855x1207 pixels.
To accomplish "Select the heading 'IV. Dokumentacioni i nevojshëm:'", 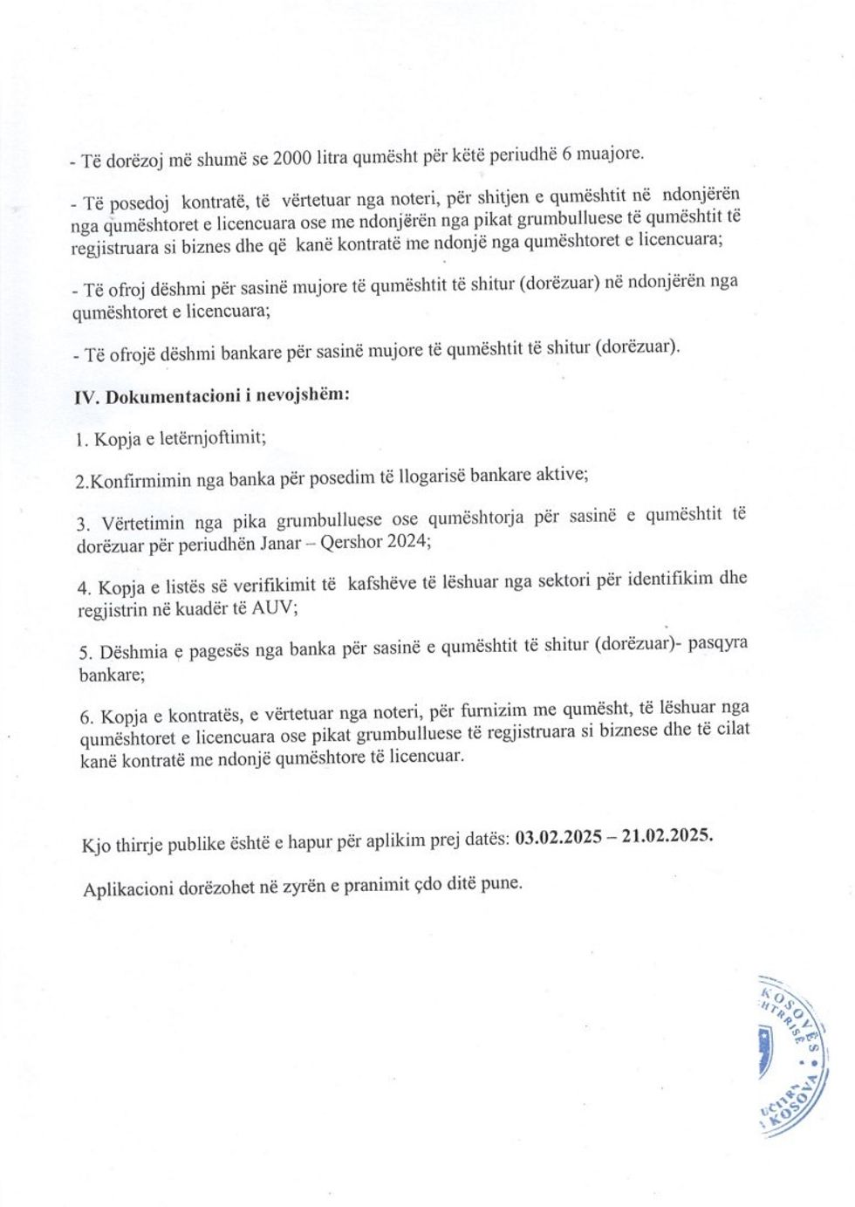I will pos(212,395).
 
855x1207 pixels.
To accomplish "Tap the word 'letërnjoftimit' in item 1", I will pos(213,438).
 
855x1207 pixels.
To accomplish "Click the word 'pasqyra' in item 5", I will pos(717,643).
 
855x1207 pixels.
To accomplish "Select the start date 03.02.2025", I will pos(558,838).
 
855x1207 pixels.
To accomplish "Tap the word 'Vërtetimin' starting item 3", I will pos(142,524).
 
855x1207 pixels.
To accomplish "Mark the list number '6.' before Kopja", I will pos(86,717).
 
